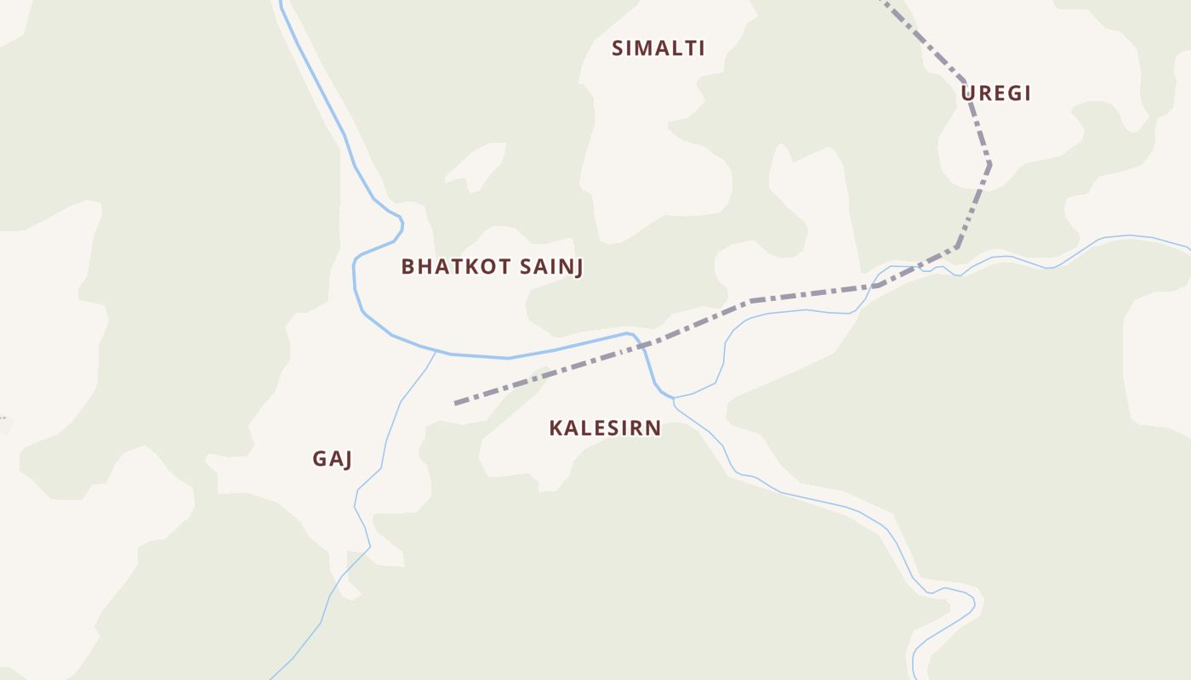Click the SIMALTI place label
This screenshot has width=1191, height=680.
(658, 48)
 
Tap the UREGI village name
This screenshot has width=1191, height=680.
(995, 93)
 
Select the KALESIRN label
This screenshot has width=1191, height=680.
(605, 428)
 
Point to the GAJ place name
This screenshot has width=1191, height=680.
(333, 459)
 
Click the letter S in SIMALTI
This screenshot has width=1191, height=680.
(618, 48)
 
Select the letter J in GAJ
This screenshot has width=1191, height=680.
(348, 459)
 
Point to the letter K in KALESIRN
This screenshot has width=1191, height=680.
(556, 428)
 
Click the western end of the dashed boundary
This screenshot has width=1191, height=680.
(456, 403)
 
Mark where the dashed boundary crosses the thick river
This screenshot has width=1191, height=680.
(642, 345)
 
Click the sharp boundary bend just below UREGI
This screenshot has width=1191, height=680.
(989, 162)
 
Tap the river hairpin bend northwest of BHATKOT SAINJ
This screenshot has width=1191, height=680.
(401, 224)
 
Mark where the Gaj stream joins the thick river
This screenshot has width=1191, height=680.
(436, 351)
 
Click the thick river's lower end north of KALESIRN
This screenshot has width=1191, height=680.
(672, 397)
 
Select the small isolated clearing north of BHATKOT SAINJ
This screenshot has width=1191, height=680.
(476, 167)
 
